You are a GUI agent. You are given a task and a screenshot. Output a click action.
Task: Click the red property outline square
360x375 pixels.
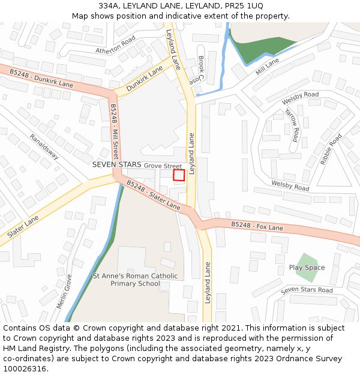tap(179, 175)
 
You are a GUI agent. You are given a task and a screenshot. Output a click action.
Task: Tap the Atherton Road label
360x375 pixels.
tap(116, 45)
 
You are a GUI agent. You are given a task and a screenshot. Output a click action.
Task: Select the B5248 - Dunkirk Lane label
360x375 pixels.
tap(41, 78)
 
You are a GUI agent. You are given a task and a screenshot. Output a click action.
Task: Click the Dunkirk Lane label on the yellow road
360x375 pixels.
tap(145, 79)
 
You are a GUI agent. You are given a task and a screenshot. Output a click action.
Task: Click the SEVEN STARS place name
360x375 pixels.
tap(116, 164)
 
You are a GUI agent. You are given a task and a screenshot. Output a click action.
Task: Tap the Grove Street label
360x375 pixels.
tap(163, 165)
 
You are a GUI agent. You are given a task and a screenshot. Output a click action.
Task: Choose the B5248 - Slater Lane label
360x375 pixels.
tap(153, 196)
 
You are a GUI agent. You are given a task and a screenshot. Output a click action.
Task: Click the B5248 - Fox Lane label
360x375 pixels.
tap(257, 227)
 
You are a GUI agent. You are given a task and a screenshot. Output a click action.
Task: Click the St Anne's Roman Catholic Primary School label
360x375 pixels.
tap(135, 280)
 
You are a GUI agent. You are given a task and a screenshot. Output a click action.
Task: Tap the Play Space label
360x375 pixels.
tap(307, 268)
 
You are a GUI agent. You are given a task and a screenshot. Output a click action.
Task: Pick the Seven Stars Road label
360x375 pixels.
tap(307, 290)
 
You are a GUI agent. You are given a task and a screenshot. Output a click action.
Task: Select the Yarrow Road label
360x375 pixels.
tap(292, 125)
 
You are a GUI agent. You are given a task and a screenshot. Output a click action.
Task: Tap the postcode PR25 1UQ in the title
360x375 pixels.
tap(246, 6)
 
